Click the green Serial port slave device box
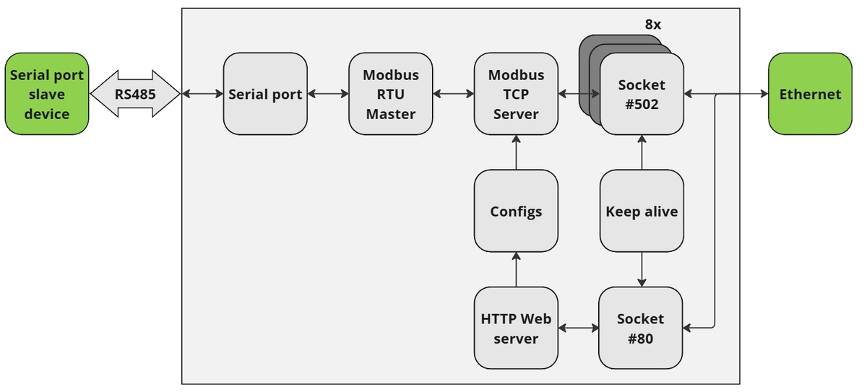pos(47,94)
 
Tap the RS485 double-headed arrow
pos(135,94)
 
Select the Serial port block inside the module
pos(265,94)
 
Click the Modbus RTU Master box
pos(390,94)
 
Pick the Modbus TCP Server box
pos(516,94)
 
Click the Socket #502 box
pos(642,94)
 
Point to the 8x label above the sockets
pos(652,25)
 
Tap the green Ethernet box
pos(810,94)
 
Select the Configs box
pos(516,212)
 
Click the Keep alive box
pos(642,212)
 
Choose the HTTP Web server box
pos(516,328)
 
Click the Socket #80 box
pos(640,328)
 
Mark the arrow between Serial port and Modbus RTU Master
pos(328,94)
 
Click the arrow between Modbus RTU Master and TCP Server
pos(453,94)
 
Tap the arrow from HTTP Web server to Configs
pos(516,269)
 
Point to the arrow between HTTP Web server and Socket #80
pos(578,328)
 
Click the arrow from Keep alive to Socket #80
pos(642,269)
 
